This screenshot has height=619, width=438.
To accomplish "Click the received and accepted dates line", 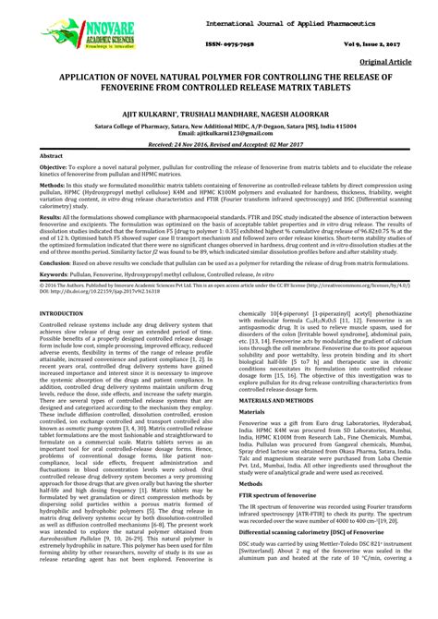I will (218, 146).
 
